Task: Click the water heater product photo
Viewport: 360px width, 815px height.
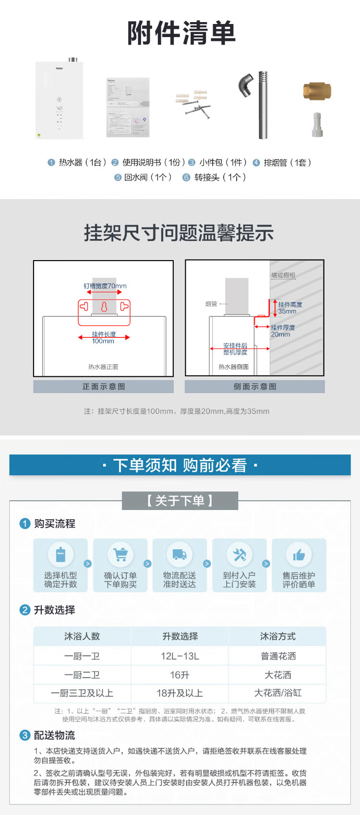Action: click(59, 100)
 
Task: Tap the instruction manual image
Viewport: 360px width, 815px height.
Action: click(128, 107)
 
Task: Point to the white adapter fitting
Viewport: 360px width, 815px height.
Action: click(317, 125)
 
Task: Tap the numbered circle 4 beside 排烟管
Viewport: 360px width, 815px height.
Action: click(256, 163)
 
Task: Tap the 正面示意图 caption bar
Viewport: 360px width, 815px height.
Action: click(103, 387)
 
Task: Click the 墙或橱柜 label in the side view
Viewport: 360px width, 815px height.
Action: click(283, 276)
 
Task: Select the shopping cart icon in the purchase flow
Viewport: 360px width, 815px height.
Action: click(120, 554)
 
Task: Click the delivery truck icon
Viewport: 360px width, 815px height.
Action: click(180, 554)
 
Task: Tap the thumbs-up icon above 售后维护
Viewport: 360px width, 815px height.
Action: click(299, 555)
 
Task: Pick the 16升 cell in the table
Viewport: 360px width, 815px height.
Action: click(180, 675)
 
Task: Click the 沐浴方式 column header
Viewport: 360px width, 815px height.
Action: click(277, 636)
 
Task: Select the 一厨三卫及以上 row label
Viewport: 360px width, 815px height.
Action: click(82, 693)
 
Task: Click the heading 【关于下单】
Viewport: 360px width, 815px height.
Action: click(180, 501)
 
